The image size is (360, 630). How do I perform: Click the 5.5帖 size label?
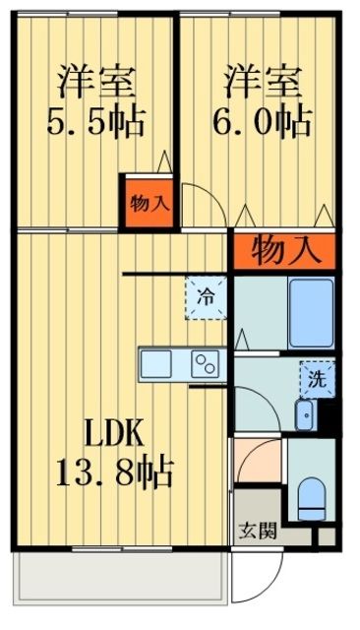coord(96,123)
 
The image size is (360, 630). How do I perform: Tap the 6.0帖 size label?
coord(264,122)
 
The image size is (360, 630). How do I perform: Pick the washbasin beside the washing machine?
coord(305,414)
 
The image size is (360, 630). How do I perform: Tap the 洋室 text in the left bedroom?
coord(96,78)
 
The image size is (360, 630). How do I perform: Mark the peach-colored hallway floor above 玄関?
coord(258,477)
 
